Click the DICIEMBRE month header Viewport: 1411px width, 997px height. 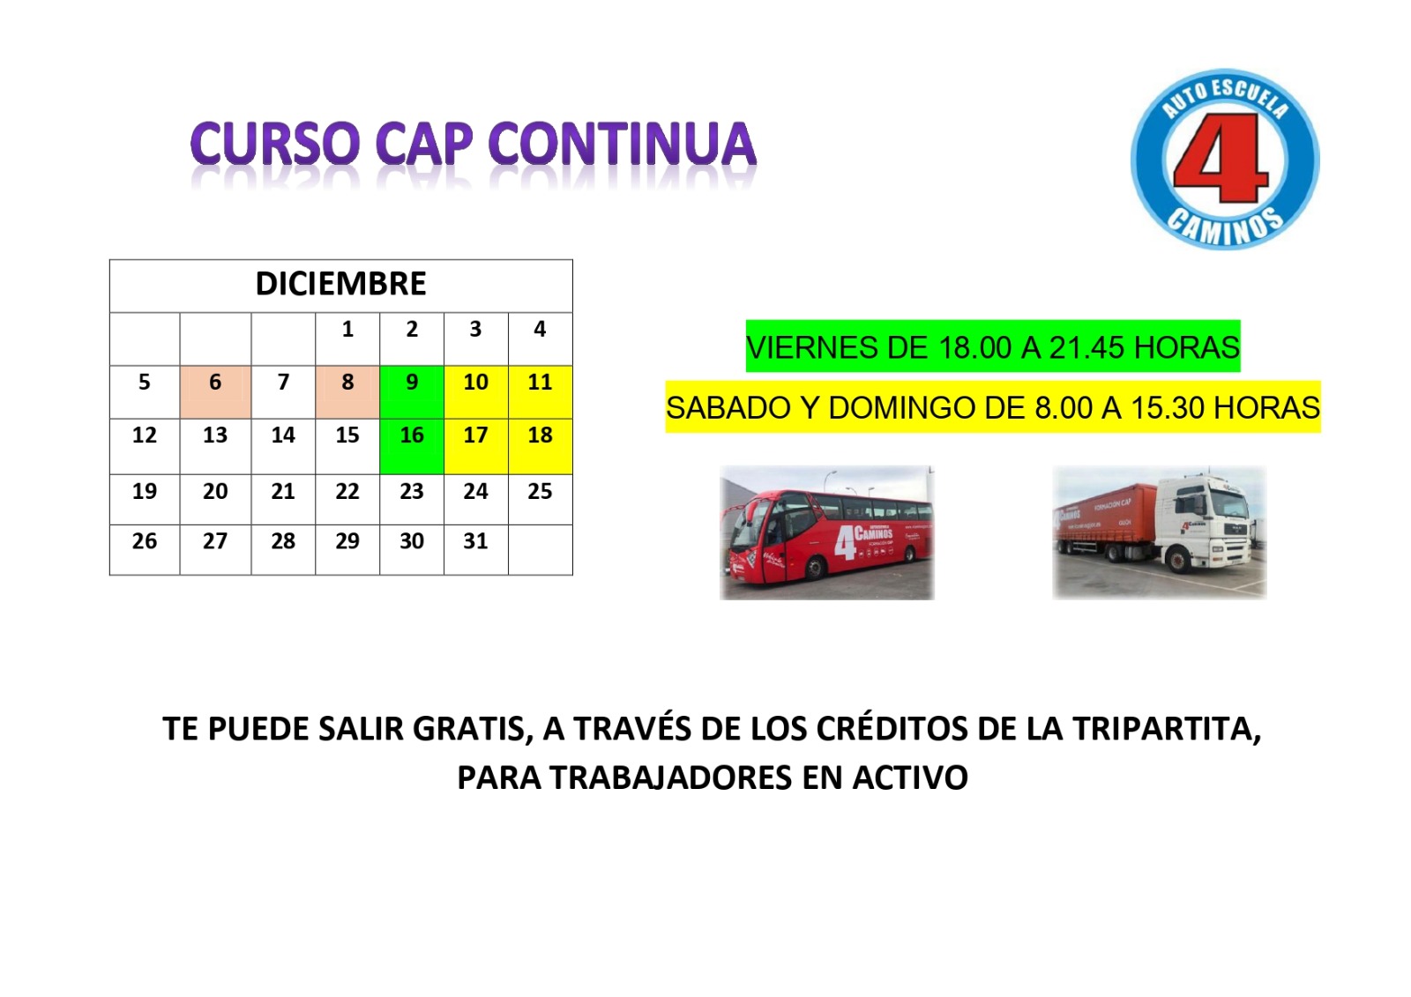point(340,284)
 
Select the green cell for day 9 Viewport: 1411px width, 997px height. point(412,391)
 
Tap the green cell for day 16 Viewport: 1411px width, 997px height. point(412,446)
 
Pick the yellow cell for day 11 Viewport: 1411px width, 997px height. point(541,391)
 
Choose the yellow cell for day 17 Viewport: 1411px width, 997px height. point(476,446)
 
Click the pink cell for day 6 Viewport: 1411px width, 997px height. point(215,391)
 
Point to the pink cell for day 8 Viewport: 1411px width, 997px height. point(347,391)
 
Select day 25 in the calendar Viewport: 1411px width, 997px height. point(540,491)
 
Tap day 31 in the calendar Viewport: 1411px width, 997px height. point(475,541)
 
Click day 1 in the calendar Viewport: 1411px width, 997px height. point(347,329)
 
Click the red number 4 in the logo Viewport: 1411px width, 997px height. point(1221,158)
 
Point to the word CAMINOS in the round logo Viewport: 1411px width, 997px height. point(1225,227)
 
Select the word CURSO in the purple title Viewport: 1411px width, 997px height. point(275,144)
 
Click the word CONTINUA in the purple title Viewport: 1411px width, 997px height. point(623,144)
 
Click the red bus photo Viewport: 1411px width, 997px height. point(827,532)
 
